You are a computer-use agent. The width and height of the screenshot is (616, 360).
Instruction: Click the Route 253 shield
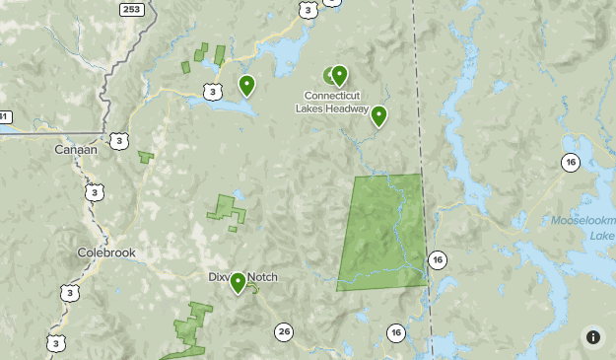(x=130, y=9)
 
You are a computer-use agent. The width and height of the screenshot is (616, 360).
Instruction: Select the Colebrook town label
(x=105, y=252)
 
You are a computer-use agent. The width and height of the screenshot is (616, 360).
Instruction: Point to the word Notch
(x=262, y=277)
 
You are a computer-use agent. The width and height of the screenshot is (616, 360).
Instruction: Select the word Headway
(x=350, y=108)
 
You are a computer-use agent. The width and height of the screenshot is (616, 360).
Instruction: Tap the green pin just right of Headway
(x=378, y=115)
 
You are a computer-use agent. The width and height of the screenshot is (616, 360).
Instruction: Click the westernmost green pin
(x=246, y=85)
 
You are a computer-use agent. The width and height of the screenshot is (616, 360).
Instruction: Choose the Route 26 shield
(x=284, y=331)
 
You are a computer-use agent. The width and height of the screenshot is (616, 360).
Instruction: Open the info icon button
(x=593, y=337)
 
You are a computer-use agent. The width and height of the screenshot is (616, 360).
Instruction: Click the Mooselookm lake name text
(x=582, y=221)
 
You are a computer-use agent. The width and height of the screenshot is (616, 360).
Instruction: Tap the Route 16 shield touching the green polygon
(x=438, y=259)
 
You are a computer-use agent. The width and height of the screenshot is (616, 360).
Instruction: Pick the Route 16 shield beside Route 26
(x=395, y=332)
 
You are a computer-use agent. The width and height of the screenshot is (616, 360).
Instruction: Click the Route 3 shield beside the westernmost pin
(x=213, y=92)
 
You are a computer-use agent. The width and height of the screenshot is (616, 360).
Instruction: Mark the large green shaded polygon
(x=384, y=232)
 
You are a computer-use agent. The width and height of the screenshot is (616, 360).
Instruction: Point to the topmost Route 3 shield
(x=308, y=10)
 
